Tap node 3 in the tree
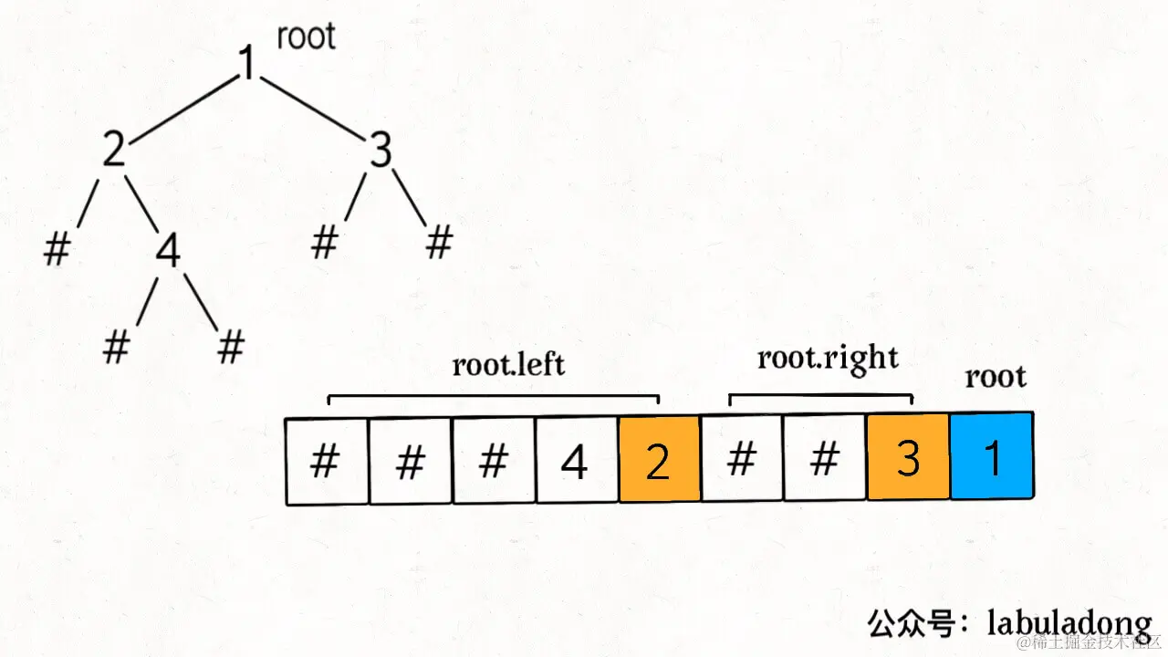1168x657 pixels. [381, 151]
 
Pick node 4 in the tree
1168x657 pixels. [167, 252]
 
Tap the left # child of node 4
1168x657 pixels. [115, 348]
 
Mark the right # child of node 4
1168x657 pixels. [232, 348]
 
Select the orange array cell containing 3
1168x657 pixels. [908, 459]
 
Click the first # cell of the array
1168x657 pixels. [326, 462]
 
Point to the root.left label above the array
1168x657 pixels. [508, 365]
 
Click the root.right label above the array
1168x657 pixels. [828, 358]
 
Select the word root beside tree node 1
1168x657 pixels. [306, 36]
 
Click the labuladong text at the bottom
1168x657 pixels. [1069, 623]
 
